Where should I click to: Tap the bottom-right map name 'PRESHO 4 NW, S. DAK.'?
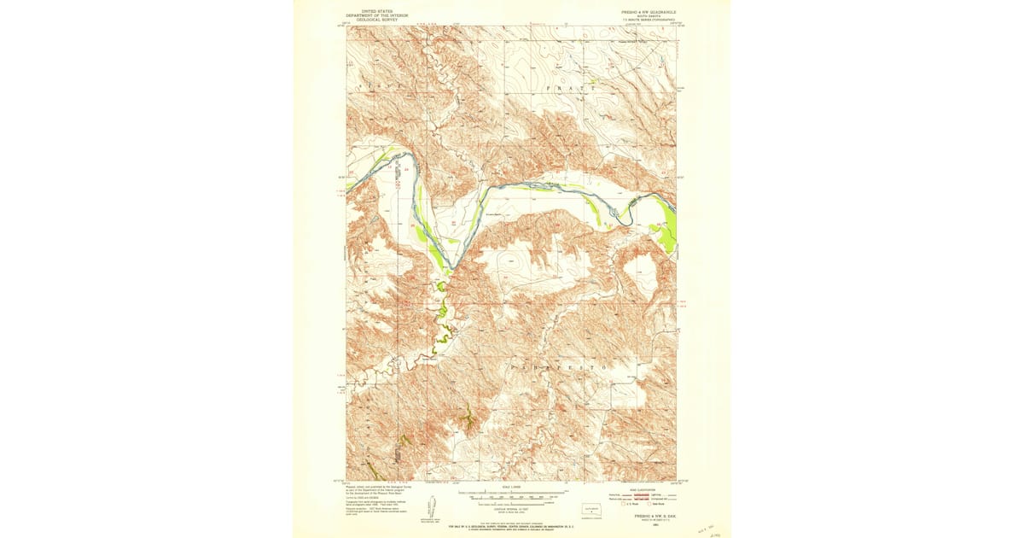(646, 516)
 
